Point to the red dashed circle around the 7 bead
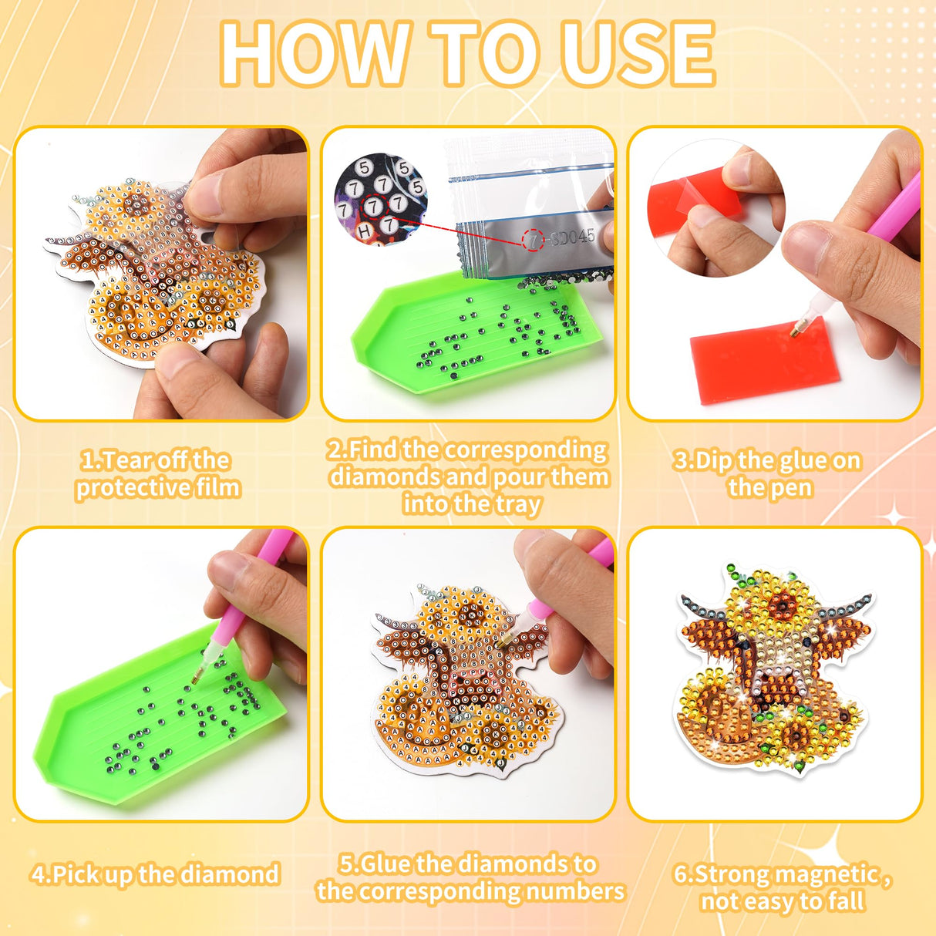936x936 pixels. click(x=373, y=207)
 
